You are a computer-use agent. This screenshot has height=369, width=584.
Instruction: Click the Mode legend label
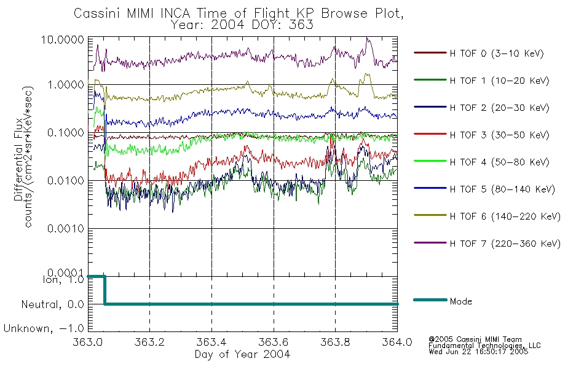(x=460, y=301)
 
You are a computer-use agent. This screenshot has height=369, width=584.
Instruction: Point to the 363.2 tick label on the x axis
(x=150, y=342)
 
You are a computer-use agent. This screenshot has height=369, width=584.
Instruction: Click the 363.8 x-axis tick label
(x=335, y=342)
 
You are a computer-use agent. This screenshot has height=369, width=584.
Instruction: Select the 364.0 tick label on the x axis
(x=397, y=342)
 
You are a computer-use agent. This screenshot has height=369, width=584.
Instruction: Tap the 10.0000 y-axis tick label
(x=63, y=39)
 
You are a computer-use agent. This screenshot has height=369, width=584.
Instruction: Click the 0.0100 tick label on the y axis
(x=66, y=181)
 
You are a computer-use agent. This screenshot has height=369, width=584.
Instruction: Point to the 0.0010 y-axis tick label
(x=66, y=229)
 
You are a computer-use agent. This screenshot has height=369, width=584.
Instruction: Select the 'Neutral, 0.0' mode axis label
(x=52, y=305)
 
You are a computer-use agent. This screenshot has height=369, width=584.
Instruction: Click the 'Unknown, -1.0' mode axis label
(x=44, y=329)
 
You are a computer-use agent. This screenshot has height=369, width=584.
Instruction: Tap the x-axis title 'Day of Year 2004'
(x=242, y=354)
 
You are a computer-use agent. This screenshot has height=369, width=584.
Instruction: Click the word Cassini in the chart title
(x=98, y=14)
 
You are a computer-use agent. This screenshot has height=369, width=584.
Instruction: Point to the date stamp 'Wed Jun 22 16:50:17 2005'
(x=478, y=352)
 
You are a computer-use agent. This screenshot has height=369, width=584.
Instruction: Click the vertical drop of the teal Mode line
(x=105, y=290)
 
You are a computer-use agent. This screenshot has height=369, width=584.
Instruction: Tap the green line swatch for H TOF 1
(x=430, y=80)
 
